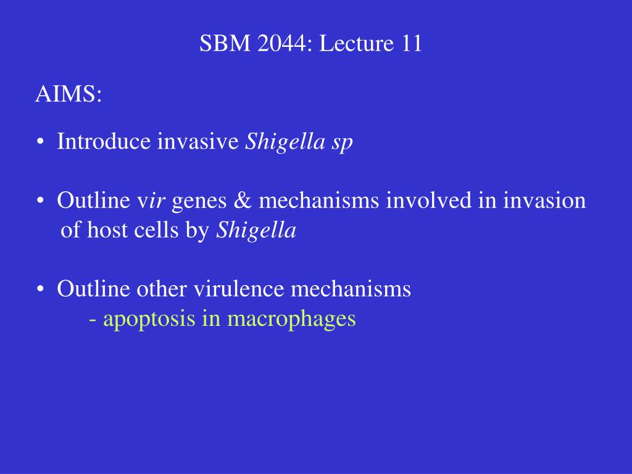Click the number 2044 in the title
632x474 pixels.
click(x=281, y=43)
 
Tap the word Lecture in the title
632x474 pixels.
click(x=356, y=43)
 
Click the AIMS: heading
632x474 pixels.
click(x=69, y=94)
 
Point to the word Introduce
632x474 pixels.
click(x=104, y=141)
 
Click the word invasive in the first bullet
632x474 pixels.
click(x=198, y=141)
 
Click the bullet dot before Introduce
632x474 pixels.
click(x=40, y=142)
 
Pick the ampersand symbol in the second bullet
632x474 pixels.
click(x=243, y=201)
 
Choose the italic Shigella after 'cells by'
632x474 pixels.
click(x=256, y=231)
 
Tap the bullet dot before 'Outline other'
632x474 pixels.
click(x=40, y=289)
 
